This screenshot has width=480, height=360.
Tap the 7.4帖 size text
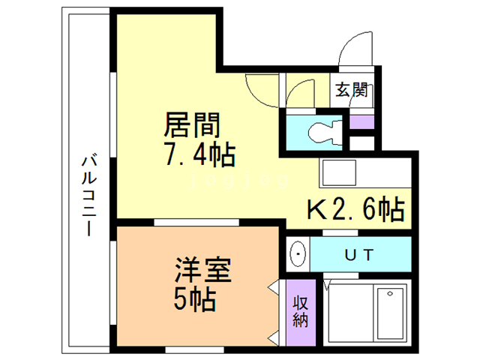coord(199,157)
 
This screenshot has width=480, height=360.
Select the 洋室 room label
coord(202,270)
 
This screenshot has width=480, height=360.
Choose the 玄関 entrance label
coord(351,91)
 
